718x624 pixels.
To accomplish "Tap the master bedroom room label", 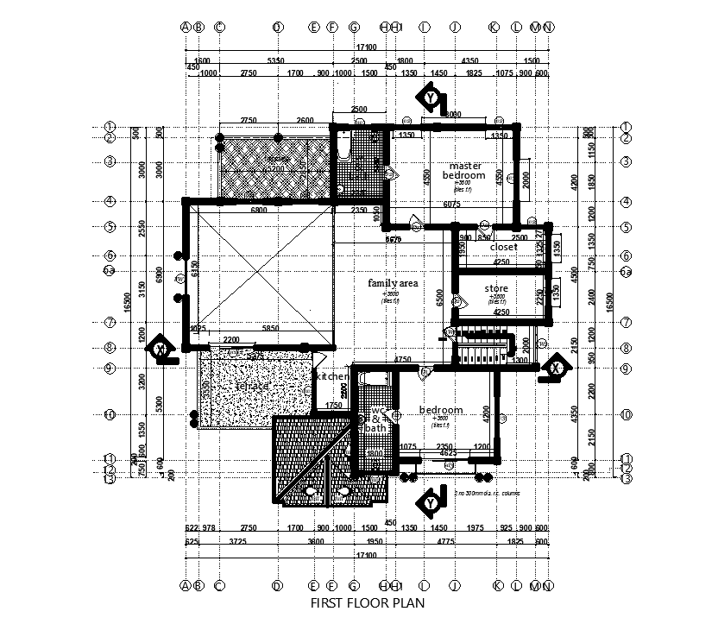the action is click(x=464, y=170).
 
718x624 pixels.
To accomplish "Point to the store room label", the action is click(x=496, y=288).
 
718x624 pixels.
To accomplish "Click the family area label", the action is click(x=393, y=283).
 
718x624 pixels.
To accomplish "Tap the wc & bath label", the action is click(x=375, y=419).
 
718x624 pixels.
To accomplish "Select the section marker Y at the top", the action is click(x=430, y=98).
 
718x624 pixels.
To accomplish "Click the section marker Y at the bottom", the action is click(x=428, y=501).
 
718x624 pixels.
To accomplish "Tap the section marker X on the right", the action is click(x=553, y=366).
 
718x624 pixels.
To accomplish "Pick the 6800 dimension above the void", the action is click(x=257, y=210).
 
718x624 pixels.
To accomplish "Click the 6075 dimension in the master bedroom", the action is click(x=450, y=205).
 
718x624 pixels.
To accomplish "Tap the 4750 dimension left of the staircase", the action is click(x=401, y=359).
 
